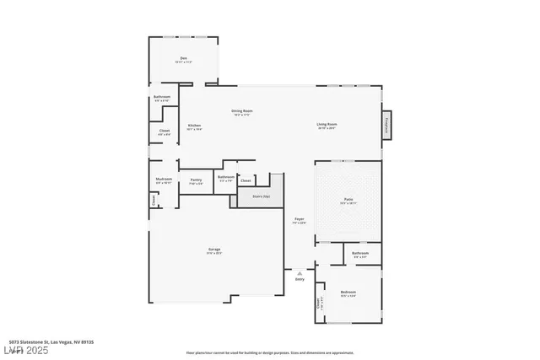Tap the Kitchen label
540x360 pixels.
[194, 126]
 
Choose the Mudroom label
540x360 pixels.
[164, 180]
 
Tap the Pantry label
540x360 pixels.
[196, 180]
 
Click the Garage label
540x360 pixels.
[215, 250]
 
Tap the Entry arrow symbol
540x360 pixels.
[300, 274]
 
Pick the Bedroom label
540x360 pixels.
[348, 293]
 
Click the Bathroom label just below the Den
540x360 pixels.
[163, 97]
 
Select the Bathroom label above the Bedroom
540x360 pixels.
[360, 253]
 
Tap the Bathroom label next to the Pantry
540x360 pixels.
[225, 178]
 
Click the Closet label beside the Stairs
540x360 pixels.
[246, 180]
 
